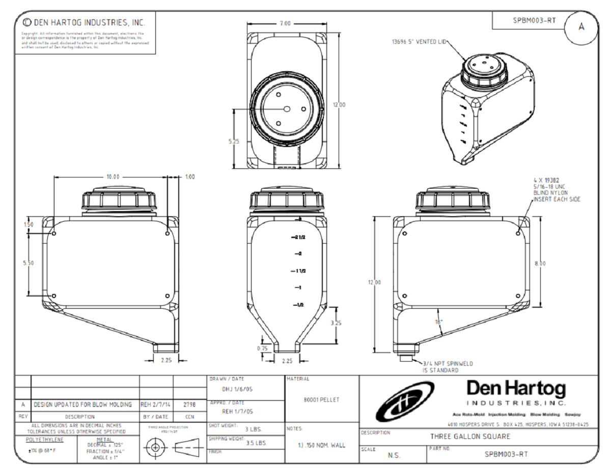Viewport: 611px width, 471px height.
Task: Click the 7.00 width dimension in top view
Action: click(285, 23)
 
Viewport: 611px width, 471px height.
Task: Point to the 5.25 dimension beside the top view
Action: click(234, 141)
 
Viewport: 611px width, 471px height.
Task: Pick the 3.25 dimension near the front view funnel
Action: click(336, 322)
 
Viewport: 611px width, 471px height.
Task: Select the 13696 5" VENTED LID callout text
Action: click(419, 43)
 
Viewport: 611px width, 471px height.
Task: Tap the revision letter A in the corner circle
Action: click(581, 27)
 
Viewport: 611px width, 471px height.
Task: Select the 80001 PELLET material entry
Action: click(321, 399)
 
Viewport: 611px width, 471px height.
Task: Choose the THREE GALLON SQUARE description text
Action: click(470, 436)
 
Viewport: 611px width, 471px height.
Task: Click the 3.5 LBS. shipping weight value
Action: click(256, 443)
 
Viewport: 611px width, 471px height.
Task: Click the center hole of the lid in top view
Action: click(287, 109)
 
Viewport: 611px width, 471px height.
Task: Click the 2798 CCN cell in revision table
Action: click(190, 405)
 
